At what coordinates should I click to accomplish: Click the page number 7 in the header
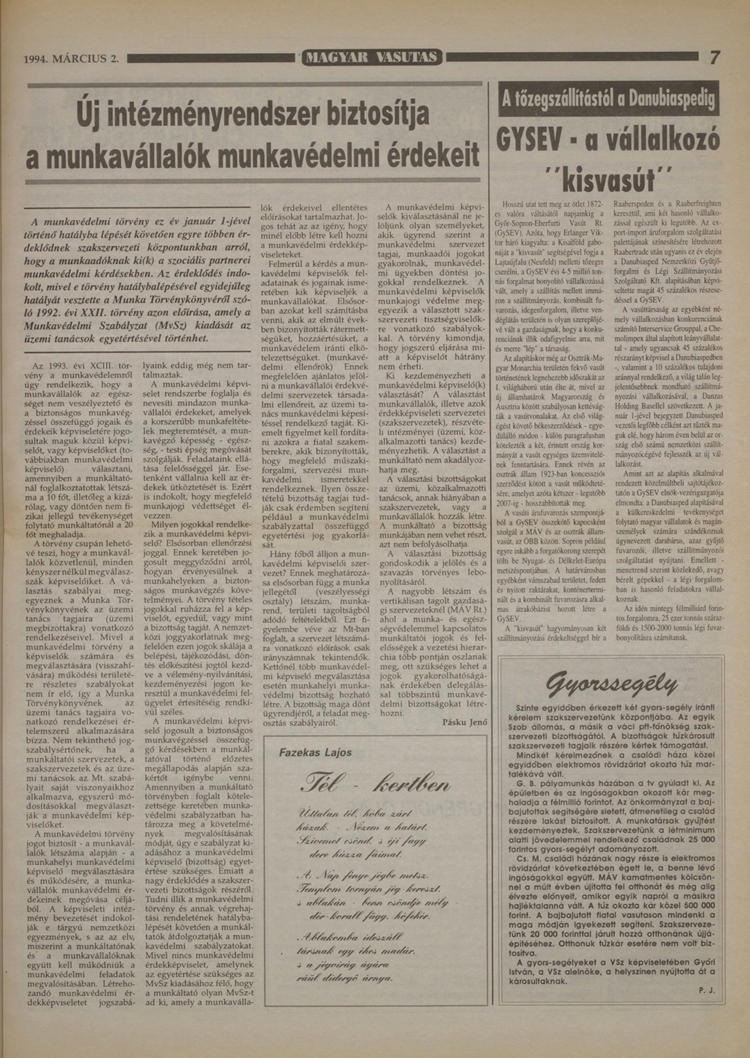pyautogui.click(x=715, y=58)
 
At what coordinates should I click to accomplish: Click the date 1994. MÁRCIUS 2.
pyautogui.click(x=72, y=59)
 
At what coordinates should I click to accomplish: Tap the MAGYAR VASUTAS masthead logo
pyautogui.click(x=372, y=58)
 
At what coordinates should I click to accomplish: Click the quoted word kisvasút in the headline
pyautogui.click(x=608, y=180)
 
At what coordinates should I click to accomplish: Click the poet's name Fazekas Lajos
pyautogui.click(x=315, y=753)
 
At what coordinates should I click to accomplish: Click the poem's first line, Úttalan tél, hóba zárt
pyautogui.click(x=344, y=812)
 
